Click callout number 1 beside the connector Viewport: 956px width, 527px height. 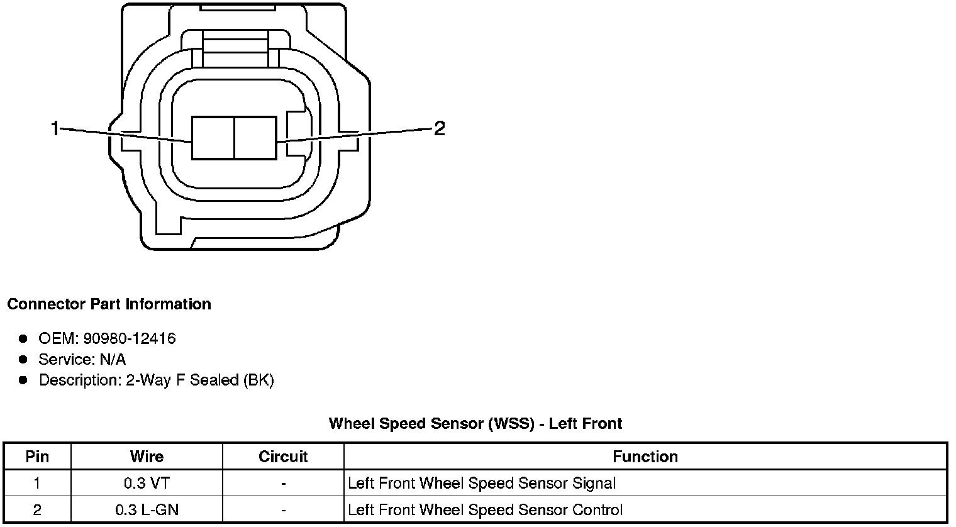55,129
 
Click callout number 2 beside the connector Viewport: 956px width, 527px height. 440,129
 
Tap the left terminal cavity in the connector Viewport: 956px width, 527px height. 213,138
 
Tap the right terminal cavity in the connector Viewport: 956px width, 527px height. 255,138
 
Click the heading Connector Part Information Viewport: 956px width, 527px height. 109,304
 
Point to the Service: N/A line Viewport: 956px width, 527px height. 82,360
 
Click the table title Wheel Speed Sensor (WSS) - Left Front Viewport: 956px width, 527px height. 475,423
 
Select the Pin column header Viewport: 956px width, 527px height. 37,457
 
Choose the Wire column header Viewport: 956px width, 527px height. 147,457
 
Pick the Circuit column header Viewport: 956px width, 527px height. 283,457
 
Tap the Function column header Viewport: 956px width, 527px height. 645,457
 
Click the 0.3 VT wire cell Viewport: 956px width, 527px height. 147,483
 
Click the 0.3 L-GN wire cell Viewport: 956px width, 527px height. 147,509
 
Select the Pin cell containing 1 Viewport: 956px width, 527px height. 37,483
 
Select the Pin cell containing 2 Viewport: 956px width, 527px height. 37,509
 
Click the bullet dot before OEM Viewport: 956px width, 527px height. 23,339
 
